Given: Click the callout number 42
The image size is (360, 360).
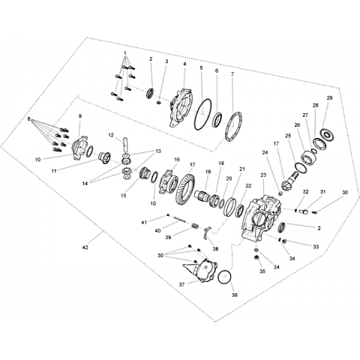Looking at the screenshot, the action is [x=85, y=247].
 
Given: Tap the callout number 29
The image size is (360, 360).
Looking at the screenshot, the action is [x=329, y=98].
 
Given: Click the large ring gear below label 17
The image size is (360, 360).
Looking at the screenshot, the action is [x=185, y=187].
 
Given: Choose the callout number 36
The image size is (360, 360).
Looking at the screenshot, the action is [x=234, y=295].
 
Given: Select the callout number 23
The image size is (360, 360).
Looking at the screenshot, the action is [x=263, y=175].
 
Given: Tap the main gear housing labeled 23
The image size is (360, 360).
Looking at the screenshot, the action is [x=262, y=217].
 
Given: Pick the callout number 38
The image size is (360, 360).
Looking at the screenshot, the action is [x=215, y=249].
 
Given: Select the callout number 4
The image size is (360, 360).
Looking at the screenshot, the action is [x=184, y=64].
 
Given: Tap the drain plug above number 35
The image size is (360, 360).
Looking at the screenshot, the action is [x=256, y=257].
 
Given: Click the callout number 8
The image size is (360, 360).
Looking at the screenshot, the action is [x=29, y=119].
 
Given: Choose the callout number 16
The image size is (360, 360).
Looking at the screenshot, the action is [x=177, y=160].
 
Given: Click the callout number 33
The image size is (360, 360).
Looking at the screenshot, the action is [x=316, y=247].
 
